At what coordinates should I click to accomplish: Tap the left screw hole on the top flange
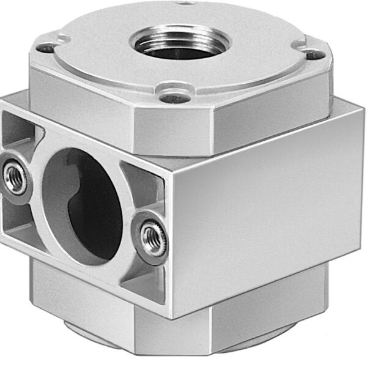pos(45,47)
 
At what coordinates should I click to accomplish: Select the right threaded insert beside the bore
pos(152,237)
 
